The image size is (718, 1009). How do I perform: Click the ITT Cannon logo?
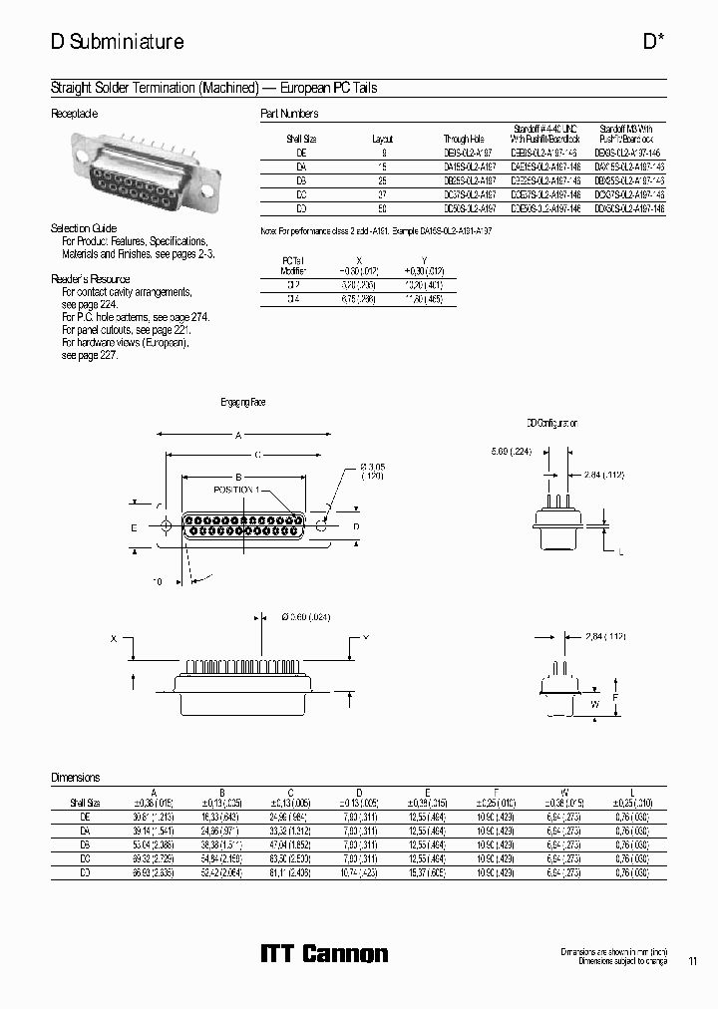pyautogui.click(x=324, y=953)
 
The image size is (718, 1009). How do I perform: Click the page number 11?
pyautogui.click(x=693, y=962)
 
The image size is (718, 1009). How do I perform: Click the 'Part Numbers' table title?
pyautogui.click(x=289, y=115)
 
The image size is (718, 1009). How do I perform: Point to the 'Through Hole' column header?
pyautogui.click(x=462, y=139)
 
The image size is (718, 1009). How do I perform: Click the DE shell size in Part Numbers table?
pyautogui.click(x=301, y=153)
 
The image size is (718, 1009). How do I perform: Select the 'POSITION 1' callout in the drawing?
pyautogui.click(x=236, y=490)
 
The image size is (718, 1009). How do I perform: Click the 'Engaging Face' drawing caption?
pyautogui.click(x=243, y=402)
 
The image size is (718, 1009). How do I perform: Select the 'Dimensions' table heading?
pyautogui.click(x=76, y=777)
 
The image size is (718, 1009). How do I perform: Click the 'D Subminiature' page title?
pyautogui.click(x=117, y=43)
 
